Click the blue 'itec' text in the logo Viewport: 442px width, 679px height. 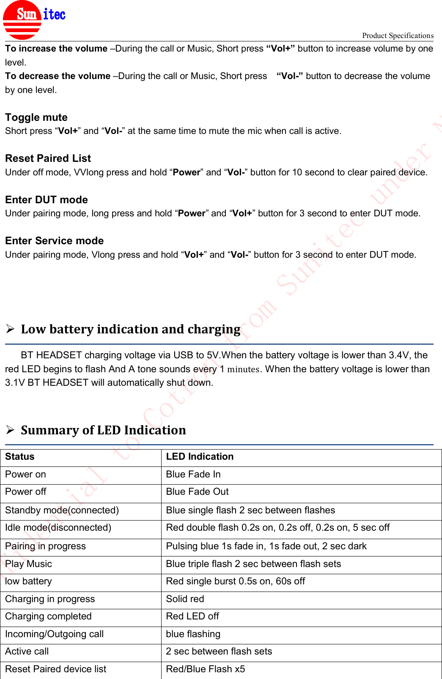click(x=54, y=15)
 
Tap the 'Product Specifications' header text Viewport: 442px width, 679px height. click(x=398, y=35)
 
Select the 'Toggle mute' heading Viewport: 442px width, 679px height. click(x=36, y=117)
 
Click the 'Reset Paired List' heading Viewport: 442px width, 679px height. click(x=48, y=158)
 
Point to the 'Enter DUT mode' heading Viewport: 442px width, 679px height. click(x=47, y=200)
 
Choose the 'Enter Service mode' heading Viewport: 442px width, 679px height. click(x=54, y=241)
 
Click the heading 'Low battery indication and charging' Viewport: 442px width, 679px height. click(x=130, y=329)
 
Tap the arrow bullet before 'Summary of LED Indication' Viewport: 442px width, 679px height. click(x=11, y=430)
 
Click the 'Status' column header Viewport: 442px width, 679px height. click(x=20, y=457)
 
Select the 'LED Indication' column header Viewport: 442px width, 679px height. click(x=200, y=457)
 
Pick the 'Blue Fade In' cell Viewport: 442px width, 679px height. click(x=193, y=474)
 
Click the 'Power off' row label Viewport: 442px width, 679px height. click(x=26, y=492)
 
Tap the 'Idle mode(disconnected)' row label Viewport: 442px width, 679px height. click(x=58, y=528)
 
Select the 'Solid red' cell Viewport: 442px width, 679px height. click(x=185, y=599)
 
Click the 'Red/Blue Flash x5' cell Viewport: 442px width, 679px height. click(x=206, y=669)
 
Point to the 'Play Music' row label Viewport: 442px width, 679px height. click(x=28, y=564)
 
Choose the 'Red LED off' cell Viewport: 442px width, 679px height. click(x=192, y=616)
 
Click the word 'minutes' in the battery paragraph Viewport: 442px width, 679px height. click(x=243, y=369)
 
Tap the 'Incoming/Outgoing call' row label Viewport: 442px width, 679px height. click(x=54, y=634)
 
